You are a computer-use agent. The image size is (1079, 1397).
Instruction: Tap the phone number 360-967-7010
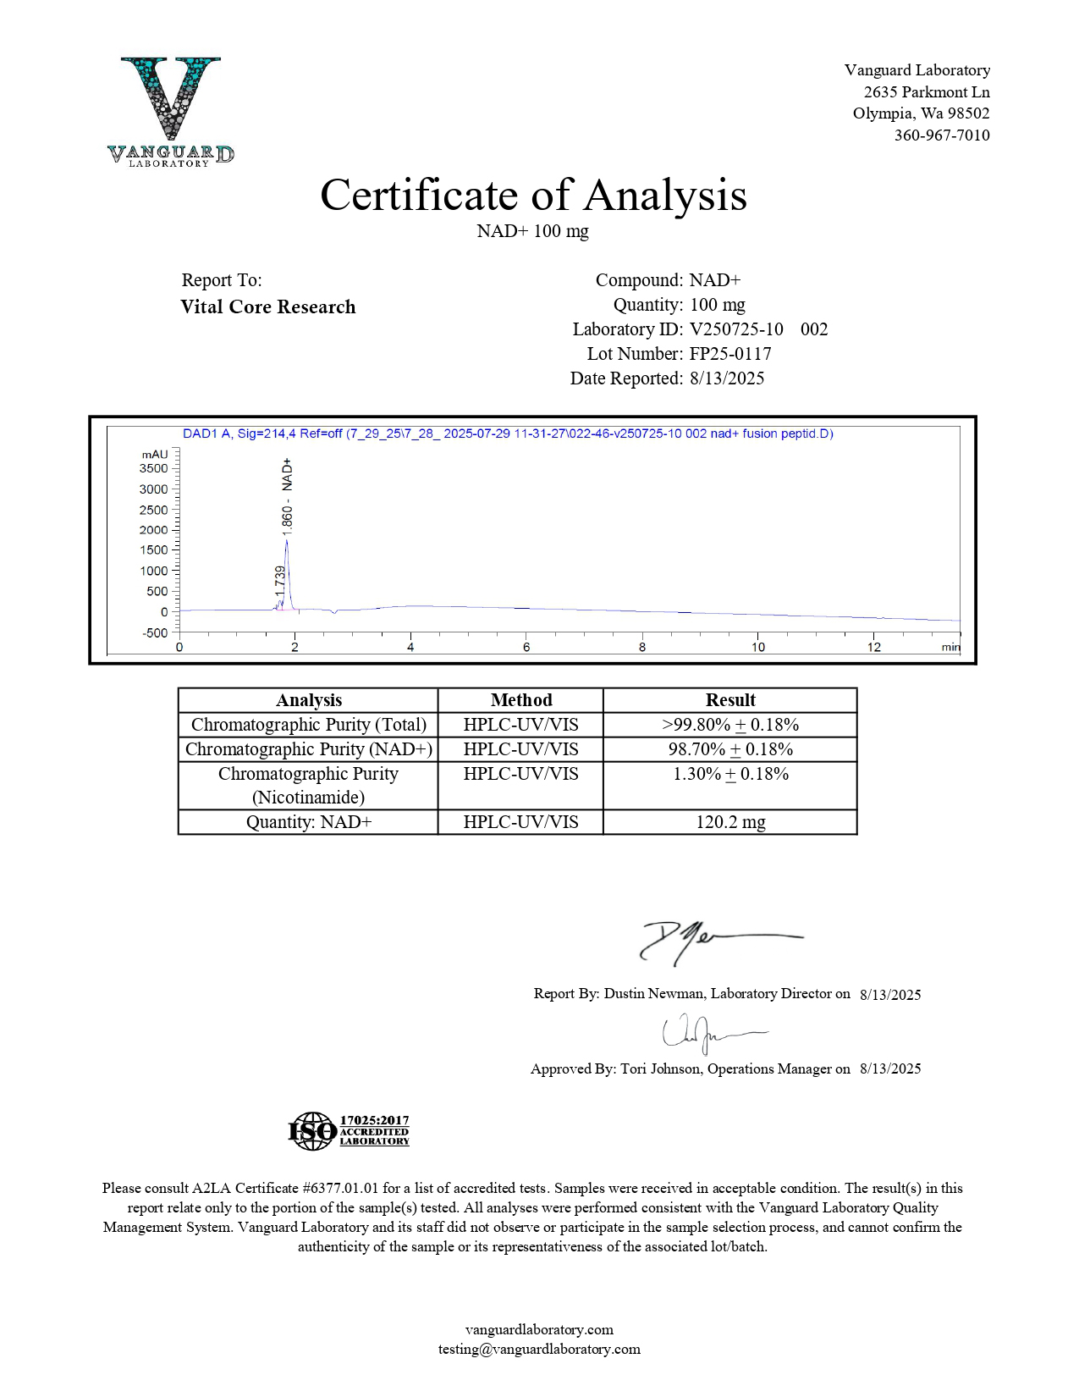pos(941,135)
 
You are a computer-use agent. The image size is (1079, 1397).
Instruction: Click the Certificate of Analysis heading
pos(533,195)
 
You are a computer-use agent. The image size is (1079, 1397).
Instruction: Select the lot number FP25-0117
pos(730,354)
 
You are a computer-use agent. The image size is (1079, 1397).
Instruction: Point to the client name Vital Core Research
pos(267,307)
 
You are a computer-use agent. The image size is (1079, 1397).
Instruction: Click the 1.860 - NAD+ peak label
pos(288,497)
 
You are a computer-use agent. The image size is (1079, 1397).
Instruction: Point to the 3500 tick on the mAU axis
pos(154,468)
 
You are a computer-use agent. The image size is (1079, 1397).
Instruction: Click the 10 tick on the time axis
pos(757,648)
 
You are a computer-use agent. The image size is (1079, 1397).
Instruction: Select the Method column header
pos(520,700)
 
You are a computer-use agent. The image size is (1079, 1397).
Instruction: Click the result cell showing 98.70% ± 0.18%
pos(730,749)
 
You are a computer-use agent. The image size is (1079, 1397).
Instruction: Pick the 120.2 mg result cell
pos(730,822)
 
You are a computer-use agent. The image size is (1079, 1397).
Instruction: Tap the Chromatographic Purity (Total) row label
pos(309,725)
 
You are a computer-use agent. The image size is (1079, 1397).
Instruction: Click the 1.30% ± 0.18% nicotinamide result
pos(730,774)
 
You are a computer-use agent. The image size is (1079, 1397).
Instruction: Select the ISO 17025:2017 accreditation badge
pos(349,1131)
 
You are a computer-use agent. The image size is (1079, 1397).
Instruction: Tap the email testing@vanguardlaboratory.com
pos(539,1350)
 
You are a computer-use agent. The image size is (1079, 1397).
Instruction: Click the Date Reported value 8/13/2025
pos(727,378)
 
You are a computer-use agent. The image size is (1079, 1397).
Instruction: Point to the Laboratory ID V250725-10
pos(736,329)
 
